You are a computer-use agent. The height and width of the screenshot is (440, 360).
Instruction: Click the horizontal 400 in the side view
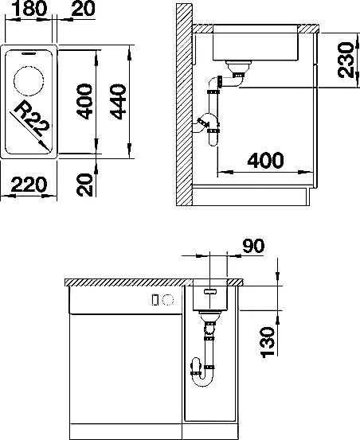(265, 160)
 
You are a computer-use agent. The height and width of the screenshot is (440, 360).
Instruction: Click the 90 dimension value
(252, 246)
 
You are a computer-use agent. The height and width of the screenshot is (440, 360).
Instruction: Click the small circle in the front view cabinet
(168, 300)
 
